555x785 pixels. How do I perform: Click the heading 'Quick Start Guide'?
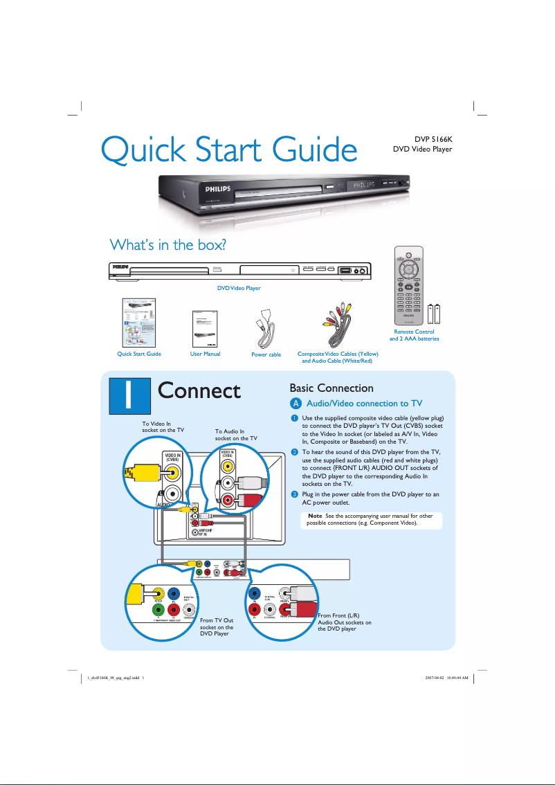point(228,150)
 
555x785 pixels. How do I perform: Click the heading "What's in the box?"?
point(169,245)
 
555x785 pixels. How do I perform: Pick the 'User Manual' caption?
point(205,354)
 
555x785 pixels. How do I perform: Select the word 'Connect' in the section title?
point(199,391)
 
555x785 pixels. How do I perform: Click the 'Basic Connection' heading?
point(331,388)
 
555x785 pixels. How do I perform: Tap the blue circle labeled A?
point(295,404)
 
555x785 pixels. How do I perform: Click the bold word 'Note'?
point(315,516)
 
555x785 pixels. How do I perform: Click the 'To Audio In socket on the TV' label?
point(235,435)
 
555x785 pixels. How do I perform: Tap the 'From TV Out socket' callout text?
point(217,627)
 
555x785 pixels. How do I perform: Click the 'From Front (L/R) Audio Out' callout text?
point(345,622)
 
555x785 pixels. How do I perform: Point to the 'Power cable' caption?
point(266,355)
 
